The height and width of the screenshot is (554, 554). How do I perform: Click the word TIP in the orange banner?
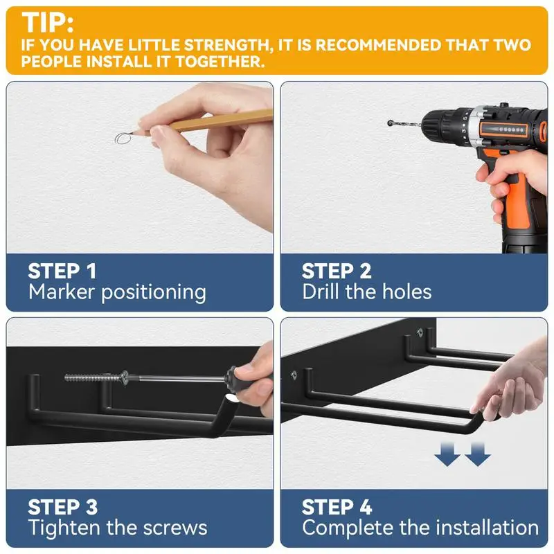point(45,22)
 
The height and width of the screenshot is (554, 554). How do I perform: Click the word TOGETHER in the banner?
point(220,62)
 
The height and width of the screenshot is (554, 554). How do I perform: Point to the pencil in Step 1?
point(202,123)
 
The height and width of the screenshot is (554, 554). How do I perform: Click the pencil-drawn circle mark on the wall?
point(123,138)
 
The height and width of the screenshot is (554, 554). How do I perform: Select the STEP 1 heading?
point(62,271)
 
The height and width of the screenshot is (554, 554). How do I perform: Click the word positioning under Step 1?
point(154,293)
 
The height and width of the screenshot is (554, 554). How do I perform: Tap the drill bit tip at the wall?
point(390,123)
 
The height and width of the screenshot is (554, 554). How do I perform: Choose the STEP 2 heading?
point(337,271)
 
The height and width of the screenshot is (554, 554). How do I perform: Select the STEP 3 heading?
point(63,508)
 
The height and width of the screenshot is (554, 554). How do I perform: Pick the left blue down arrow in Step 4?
point(447,455)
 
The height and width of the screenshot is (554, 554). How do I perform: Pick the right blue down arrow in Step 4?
point(477,455)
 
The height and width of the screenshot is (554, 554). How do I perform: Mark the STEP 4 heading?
point(337,508)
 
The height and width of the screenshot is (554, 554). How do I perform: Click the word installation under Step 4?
point(488,528)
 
